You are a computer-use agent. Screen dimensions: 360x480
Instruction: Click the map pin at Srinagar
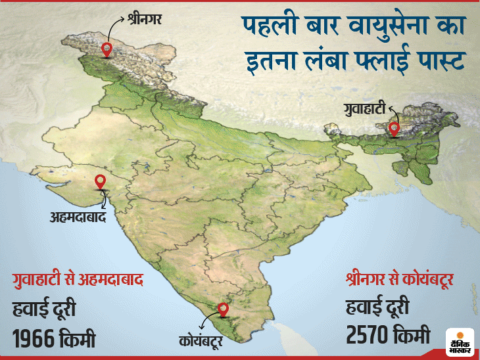coord(107,49)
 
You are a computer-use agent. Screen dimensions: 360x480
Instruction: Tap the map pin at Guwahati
coord(394,127)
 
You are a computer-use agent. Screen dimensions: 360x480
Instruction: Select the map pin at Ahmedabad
coord(101,182)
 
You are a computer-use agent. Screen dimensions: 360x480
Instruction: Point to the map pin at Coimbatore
coord(224,309)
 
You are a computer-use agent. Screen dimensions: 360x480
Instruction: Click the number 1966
coord(34,339)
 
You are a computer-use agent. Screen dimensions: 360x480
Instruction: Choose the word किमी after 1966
coord(78,339)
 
